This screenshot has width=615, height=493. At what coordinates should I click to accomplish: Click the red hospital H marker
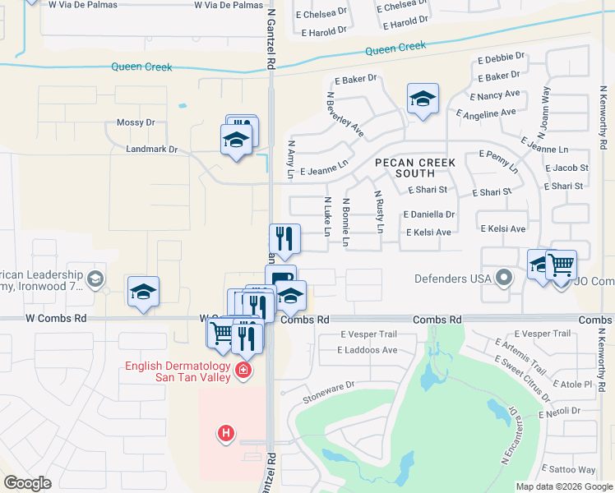(225, 432)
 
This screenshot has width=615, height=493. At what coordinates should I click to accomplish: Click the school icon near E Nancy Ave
(423, 99)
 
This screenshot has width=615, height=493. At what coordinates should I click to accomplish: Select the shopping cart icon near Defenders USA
(561, 265)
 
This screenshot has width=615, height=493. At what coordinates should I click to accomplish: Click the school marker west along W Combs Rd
(143, 293)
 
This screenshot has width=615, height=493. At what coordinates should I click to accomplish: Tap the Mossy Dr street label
(136, 122)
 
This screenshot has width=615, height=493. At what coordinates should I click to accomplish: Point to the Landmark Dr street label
(151, 150)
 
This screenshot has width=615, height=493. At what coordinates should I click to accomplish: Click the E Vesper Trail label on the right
(540, 334)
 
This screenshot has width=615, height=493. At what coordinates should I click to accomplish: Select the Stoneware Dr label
(328, 384)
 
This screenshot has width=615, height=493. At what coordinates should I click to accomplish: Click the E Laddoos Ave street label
(368, 349)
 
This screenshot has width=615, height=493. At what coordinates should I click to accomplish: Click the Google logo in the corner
(28, 483)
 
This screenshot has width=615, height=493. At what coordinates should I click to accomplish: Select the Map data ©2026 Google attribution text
(563, 486)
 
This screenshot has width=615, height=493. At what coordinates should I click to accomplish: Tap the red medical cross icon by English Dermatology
(243, 371)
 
